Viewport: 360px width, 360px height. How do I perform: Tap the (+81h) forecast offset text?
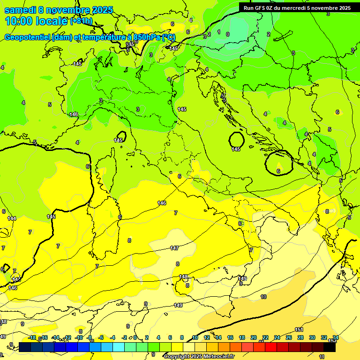[82, 21]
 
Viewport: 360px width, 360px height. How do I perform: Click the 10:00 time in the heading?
[19, 21]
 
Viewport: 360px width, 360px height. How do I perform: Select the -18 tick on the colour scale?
[32, 337]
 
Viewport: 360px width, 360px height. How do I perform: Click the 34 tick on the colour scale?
[336, 337]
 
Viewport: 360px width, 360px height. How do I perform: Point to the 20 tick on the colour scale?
[254, 337]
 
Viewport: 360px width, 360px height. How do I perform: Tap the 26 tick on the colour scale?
[289, 337]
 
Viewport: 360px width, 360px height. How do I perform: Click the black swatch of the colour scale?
[330, 347]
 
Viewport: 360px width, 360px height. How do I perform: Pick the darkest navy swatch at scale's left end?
[25, 347]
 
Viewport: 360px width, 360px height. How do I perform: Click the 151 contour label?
[299, 330]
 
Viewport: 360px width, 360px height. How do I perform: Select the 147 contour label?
[174, 248]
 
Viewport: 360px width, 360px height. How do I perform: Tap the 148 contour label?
[183, 277]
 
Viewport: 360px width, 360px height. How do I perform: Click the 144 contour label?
[12, 218]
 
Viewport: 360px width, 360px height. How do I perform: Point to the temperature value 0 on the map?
[228, 34]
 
